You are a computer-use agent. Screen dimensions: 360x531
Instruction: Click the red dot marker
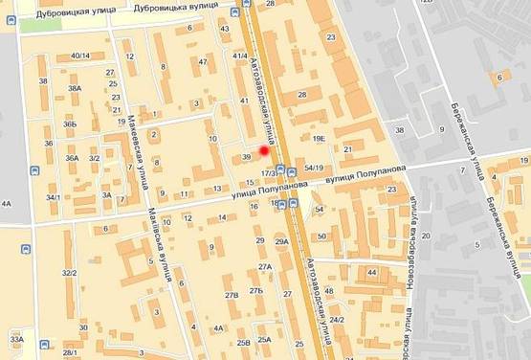point(264,150)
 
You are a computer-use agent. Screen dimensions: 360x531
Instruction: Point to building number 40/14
point(80,56)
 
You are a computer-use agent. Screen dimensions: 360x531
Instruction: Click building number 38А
point(76,88)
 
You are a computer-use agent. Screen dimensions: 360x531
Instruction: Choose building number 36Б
point(70,124)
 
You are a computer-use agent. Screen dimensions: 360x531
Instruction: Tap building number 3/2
point(95,158)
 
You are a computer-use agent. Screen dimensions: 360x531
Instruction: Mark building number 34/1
point(54,197)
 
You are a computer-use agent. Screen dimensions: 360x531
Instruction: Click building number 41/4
point(240,56)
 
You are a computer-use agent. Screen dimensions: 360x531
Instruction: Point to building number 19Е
point(319,139)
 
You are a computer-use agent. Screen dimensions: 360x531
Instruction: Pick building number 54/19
point(314,169)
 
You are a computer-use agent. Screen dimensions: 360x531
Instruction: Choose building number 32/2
point(69,273)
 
